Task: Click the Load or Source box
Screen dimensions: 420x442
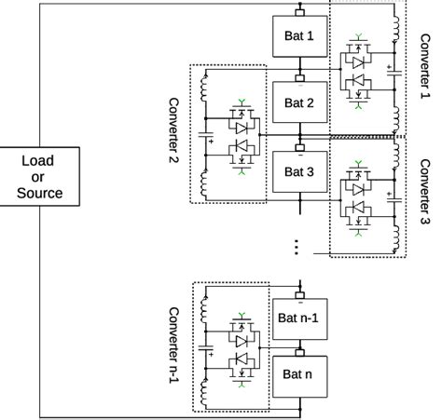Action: tap(39, 177)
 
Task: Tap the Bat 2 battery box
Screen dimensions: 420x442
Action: tap(299, 103)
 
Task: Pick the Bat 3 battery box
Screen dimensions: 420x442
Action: tap(299, 172)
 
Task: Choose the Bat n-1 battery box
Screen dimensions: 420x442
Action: tap(299, 318)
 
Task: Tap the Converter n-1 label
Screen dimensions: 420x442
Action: tap(173, 345)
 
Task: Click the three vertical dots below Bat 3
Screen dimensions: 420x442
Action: tap(297, 247)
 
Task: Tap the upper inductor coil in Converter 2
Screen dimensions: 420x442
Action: tap(201, 88)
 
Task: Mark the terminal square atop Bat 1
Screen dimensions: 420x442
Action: tap(299, 12)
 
